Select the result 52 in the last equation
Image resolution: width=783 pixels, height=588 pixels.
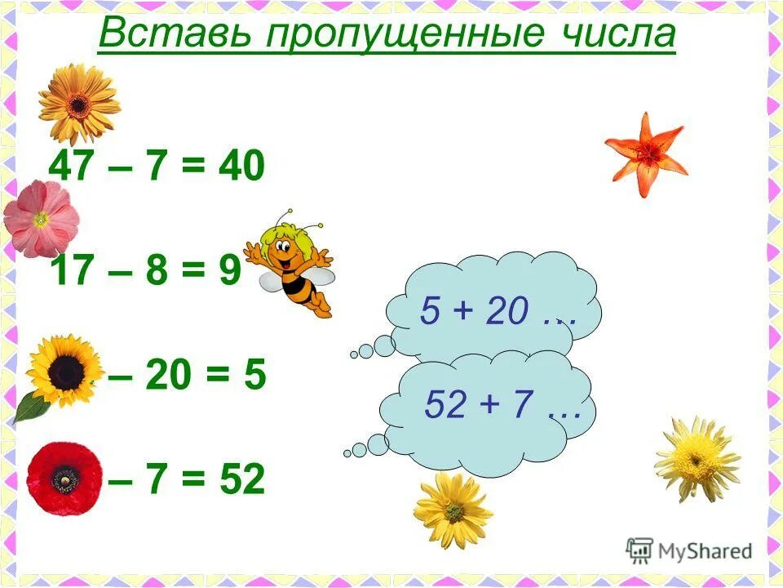[242, 480]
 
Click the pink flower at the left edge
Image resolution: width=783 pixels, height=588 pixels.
[41, 219]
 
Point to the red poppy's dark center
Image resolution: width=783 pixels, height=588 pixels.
[65, 479]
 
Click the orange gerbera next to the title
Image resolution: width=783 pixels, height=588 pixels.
[78, 103]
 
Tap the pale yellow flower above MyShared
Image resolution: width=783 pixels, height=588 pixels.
[697, 459]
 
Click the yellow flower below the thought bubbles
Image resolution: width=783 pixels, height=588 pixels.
[453, 511]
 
